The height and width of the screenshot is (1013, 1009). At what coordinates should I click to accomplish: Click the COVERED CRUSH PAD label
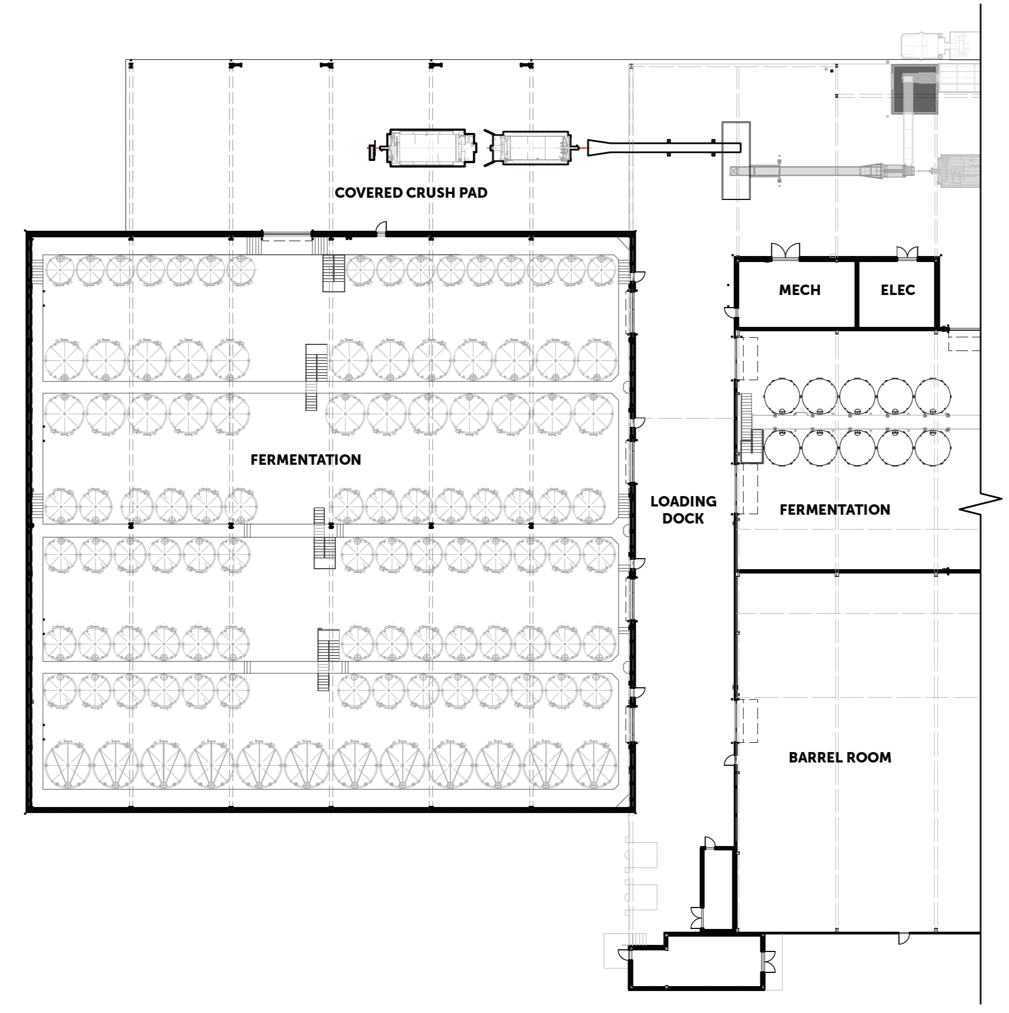[411, 193]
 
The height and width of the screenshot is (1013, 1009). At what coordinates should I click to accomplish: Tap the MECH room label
[799, 290]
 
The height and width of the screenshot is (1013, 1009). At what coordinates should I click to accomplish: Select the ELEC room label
[898, 290]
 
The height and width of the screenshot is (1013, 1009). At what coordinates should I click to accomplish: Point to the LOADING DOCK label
[683, 510]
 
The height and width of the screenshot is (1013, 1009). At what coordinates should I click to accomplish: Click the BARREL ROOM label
[840, 758]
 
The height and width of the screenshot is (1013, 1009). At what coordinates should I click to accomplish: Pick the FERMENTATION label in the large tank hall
[306, 460]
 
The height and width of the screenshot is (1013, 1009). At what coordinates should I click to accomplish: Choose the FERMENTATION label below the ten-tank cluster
[835, 510]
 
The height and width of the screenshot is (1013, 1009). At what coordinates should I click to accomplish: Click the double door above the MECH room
[786, 251]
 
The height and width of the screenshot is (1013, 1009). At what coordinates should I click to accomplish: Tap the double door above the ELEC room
[907, 253]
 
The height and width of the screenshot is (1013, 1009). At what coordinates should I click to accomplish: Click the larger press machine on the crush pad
[431, 147]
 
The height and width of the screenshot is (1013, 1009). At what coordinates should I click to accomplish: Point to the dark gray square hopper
[915, 90]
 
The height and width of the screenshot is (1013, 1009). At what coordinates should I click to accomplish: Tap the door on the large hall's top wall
[380, 229]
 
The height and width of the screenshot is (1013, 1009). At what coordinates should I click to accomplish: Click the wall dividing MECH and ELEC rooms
[856, 294]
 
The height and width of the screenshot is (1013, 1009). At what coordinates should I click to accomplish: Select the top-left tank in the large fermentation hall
[60, 271]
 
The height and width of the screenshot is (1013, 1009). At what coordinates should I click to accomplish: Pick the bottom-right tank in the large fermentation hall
[594, 765]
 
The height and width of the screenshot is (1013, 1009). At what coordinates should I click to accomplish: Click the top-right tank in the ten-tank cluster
[933, 396]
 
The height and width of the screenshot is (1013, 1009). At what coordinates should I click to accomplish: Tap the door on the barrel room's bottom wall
[904, 938]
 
